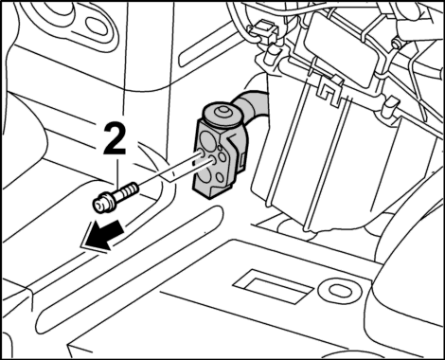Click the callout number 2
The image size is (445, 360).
pyautogui.click(x=115, y=138)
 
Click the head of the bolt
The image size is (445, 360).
pyautogui.click(x=101, y=205)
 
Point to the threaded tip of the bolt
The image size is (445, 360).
pyautogui.click(x=132, y=189)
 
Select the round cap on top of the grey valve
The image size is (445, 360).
pyautogui.click(x=221, y=115)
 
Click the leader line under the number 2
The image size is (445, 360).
pyautogui.click(x=117, y=171)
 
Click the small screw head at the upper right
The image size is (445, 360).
pyautogui.click(x=395, y=44)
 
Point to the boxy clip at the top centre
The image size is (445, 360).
pyautogui.click(x=263, y=29)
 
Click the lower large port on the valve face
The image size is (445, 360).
pyautogui.click(x=206, y=175)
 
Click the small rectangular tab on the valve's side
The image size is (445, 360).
pyautogui.click(x=243, y=160)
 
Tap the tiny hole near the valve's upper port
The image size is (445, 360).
pyautogui.click(x=220, y=147)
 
